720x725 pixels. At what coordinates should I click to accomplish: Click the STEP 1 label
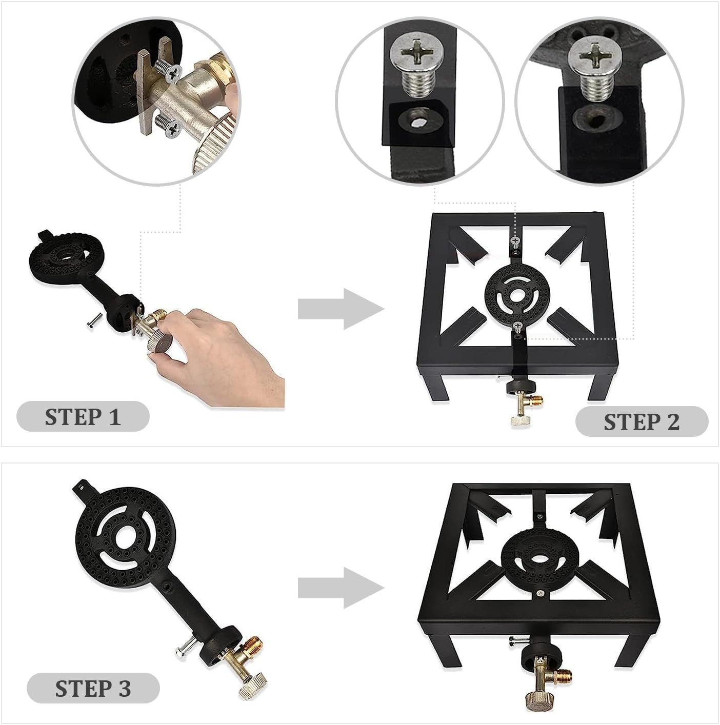point(83,416)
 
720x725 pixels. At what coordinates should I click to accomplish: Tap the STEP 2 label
point(642,422)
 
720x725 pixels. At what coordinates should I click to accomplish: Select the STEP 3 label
point(93,689)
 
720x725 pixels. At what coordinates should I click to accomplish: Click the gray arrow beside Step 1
point(341,309)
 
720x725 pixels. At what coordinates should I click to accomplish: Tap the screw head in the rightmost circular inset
point(595,56)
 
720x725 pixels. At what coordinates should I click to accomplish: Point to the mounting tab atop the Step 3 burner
point(82,488)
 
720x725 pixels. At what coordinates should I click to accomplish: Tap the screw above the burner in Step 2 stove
point(515,241)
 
